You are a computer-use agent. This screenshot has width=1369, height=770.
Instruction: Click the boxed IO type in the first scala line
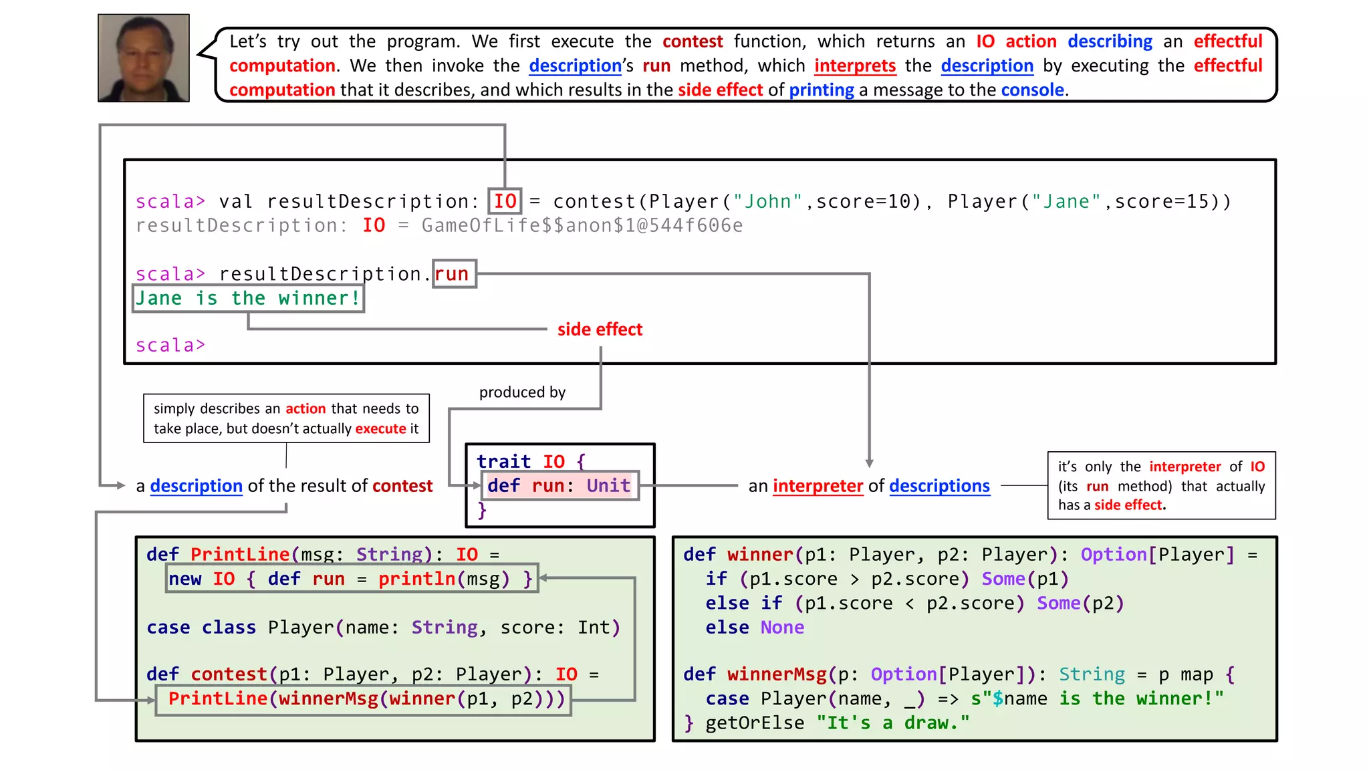tap(505, 201)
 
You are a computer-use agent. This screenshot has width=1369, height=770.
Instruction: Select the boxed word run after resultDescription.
tap(453, 274)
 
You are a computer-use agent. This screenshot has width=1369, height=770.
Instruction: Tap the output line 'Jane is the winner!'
tap(248, 298)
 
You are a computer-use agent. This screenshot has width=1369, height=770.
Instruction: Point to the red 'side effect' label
tap(600, 330)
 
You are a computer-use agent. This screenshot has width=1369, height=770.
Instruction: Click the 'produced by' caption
tap(522, 392)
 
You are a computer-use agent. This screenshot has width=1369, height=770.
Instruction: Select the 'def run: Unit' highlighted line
tap(559, 486)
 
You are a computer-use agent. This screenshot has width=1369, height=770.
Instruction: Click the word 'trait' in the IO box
tap(503, 461)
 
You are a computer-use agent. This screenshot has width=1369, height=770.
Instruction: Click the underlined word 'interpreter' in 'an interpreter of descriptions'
tap(817, 486)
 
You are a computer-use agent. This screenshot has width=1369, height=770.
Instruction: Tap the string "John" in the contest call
tap(767, 201)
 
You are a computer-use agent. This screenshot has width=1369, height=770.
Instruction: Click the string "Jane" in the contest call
tap(1066, 201)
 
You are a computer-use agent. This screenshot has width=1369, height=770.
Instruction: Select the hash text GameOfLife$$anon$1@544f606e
tap(582, 226)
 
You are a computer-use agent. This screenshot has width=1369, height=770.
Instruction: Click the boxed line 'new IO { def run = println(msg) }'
tap(351, 579)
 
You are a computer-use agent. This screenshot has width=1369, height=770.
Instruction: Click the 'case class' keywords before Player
tap(201, 628)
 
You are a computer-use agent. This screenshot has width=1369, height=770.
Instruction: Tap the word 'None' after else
tap(782, 628)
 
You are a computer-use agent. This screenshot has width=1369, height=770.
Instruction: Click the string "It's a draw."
tap(892, 723)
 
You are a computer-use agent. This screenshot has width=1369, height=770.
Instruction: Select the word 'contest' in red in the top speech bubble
tap(692, 41)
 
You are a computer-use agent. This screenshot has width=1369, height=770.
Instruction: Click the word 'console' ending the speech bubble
tap(1032, 90)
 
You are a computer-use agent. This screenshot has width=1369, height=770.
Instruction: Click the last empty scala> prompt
tap(170, 346)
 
